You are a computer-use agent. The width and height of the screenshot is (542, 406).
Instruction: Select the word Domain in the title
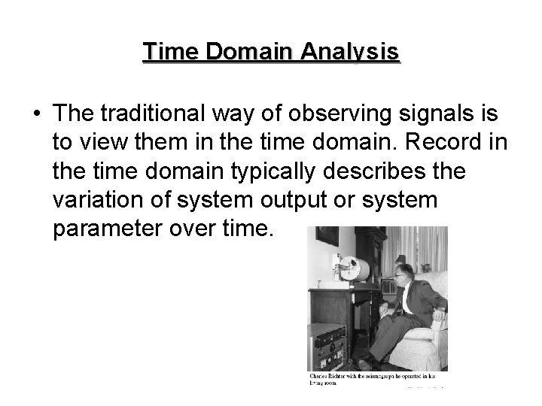click(243, 52)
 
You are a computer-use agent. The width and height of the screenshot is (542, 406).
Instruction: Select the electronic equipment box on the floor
click(331, 347)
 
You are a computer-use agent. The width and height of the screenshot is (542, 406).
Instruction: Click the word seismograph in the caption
click(381, 374)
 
